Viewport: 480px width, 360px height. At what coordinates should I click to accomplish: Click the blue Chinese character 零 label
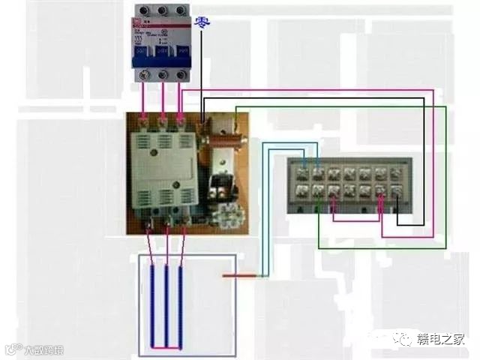point(202,22)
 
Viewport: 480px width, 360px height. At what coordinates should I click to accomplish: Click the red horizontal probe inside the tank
point(239,276)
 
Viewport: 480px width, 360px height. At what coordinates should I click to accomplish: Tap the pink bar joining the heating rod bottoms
point(166,347)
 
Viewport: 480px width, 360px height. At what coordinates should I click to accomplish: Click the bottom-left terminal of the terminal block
point(303,191)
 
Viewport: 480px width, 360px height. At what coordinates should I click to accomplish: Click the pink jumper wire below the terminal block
point(349,220)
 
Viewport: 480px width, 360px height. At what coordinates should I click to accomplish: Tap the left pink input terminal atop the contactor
point(144,118)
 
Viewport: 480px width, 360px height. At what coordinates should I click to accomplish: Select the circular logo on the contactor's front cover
point(155,153)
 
